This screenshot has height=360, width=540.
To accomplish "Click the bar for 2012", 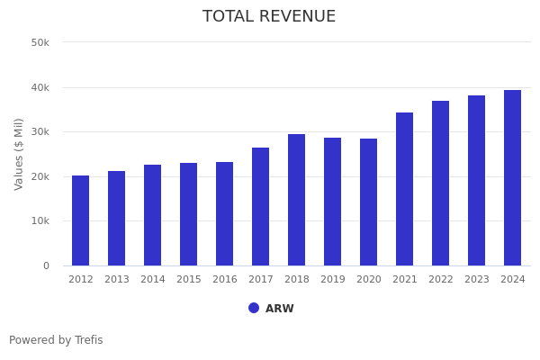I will pos(81,220).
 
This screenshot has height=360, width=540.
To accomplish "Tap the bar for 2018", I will pos(297,200).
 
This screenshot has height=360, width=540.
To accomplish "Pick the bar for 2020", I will pos(369,202).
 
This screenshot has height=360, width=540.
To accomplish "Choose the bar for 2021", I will pos(405,189).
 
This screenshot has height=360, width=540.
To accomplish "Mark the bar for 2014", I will pos(153,215).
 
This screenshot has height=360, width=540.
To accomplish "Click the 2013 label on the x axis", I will pos(117,280).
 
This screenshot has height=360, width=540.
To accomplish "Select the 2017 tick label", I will pos(261,280).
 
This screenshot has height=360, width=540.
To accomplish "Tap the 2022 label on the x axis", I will pos(441,280).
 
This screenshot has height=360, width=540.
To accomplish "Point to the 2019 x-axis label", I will pos(333,280).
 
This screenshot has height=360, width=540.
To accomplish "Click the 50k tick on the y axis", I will pos(40,43).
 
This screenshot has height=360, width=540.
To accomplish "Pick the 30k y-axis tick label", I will pos(40,132).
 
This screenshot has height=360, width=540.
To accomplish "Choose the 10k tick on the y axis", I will pos(40,221).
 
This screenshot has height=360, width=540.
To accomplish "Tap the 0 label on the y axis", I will pos(45,266).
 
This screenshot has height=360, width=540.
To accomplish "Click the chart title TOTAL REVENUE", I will pos(269,17).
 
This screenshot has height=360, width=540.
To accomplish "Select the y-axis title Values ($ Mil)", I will pos(19,154).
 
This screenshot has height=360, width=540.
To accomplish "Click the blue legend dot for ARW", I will pos(254,308).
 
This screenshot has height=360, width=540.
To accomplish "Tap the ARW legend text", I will pos(279,309).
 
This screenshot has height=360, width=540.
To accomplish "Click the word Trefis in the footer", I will pos(88,340).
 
